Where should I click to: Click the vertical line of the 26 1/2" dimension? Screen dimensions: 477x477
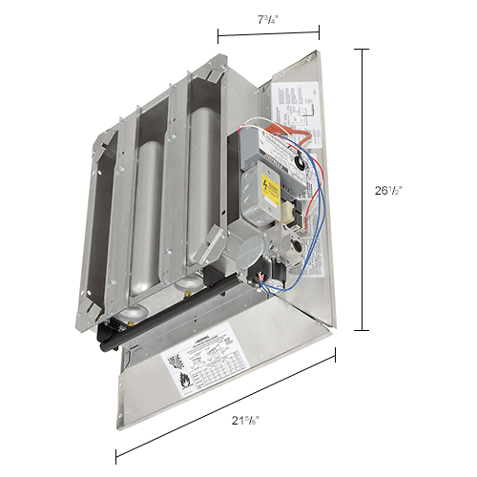pyautogui.click(x=363, y=191)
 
